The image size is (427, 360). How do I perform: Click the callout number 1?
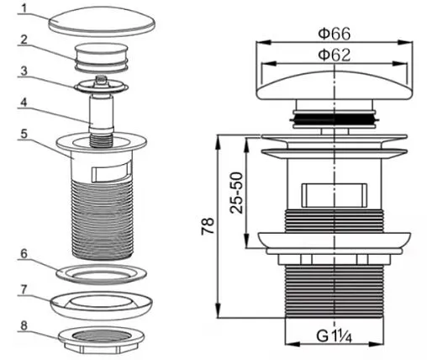click(x=24, y=8)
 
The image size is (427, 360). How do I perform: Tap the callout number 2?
click(x=24, y=40)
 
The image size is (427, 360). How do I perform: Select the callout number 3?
click(x=24, y=71)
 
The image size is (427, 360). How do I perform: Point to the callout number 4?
click(x=24, y=103)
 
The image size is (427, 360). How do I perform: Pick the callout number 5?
click(x=24, y=134)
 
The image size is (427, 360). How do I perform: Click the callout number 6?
click(x=24, y=254)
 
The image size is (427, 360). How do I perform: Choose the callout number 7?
click(x=24, y=289)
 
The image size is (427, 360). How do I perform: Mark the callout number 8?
click(x=24, y=326)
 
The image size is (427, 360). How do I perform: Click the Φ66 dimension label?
click(x=335, y=34)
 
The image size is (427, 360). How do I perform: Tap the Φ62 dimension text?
click(x=335, y=55)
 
